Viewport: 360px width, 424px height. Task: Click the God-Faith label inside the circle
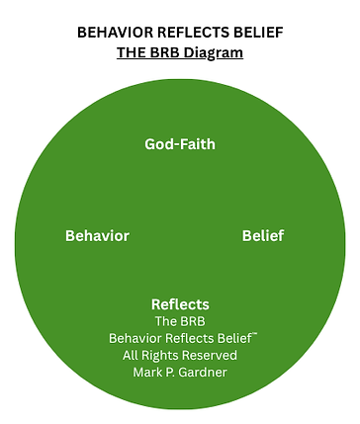[179, 144]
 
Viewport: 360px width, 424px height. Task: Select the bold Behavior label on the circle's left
[97, 236]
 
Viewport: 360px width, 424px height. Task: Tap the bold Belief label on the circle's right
[264, 236]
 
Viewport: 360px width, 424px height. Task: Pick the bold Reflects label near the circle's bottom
[180, 304]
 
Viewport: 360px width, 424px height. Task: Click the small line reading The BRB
[180, 321]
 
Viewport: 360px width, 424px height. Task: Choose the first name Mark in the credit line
[148, 373]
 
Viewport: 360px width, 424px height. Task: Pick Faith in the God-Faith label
[197, 144]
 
